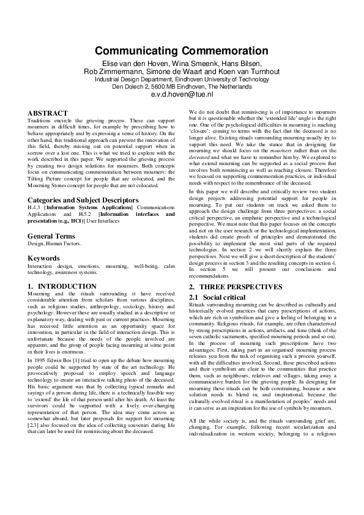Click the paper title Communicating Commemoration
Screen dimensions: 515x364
(x=182, y=51)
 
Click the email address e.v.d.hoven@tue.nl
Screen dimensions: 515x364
(x=182, y=94)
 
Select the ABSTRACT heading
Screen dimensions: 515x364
(x=48, y=114)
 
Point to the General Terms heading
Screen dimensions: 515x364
(x=56, y=235)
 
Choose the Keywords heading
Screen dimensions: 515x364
(x=44, y=258)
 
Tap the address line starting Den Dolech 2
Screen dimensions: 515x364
(x=182, y=87)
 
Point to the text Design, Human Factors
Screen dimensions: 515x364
(x=54, y=243)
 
